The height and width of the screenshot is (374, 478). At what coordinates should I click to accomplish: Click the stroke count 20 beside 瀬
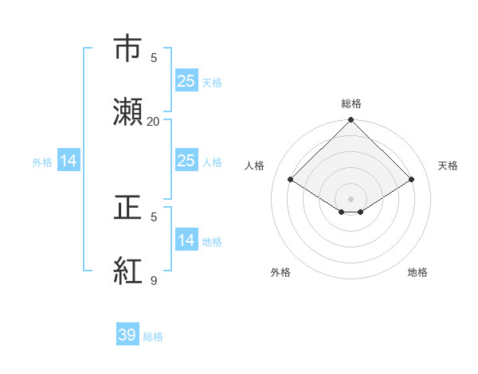pos(154,121)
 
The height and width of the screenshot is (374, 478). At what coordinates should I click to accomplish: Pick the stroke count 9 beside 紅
pos(154,280)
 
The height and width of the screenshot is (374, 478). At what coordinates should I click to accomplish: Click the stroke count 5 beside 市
pos(154,57)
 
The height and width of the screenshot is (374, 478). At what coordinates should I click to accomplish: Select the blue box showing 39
pos(127,335)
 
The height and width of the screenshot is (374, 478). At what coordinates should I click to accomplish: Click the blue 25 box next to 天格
pos(186,81)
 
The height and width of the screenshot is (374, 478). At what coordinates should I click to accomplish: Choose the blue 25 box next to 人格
pos(186,161)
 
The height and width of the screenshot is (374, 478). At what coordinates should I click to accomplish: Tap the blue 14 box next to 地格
pos(186,240)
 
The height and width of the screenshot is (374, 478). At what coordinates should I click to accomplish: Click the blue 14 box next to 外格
pos(69,161)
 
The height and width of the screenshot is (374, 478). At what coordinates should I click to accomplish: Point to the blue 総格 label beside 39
pos(153,337)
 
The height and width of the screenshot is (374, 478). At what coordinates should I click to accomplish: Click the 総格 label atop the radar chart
pos(351,103)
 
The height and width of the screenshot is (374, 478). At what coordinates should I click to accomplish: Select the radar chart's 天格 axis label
pos(449,166)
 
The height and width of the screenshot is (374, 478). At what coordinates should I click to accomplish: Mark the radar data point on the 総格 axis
pos(351,121)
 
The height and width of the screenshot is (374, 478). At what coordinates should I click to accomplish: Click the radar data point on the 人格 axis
pos(291,180)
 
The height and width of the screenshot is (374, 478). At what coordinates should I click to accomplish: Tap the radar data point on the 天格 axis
pos(412,180)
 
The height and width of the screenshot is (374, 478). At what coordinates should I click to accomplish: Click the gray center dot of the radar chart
pos(351,198)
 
